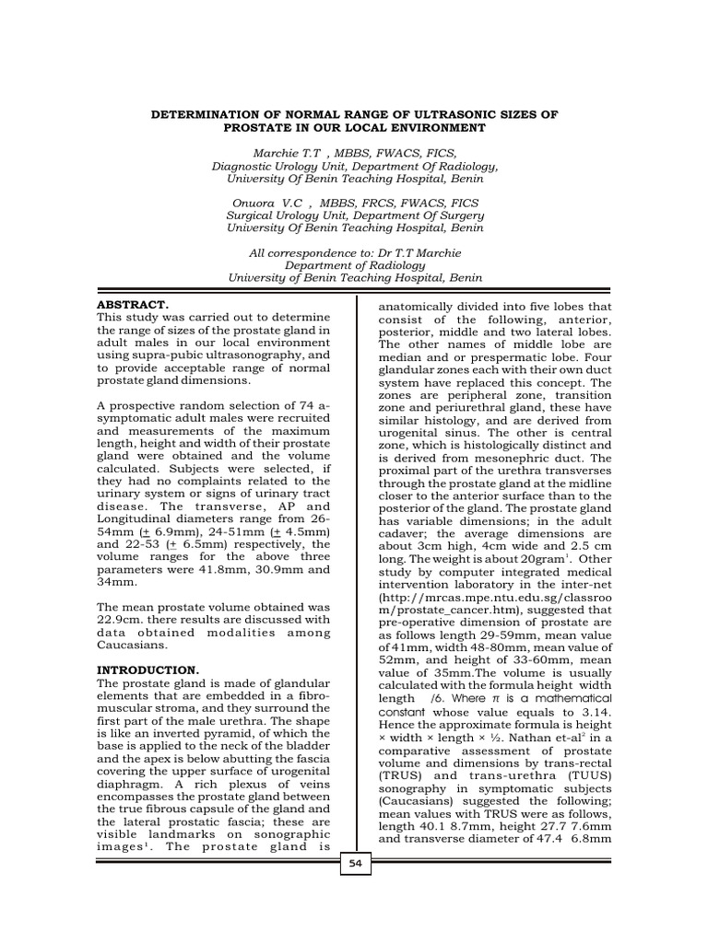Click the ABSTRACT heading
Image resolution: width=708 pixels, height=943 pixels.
(132, 304)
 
